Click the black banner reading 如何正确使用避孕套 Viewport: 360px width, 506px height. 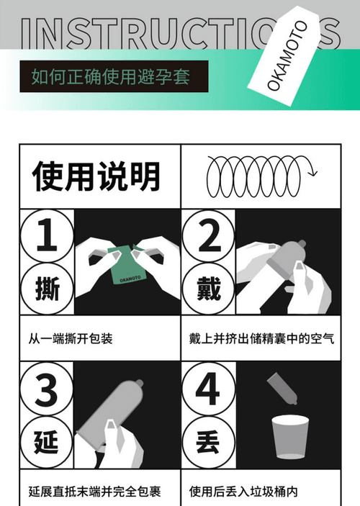click(x=114, y=76)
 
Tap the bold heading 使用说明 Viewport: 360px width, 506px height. click(x=96, y=176)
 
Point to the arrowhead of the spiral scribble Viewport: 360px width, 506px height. click(x=312, y=172)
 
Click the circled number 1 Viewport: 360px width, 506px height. click(x=47, y=235)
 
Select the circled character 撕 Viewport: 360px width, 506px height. click(x=47, y=289)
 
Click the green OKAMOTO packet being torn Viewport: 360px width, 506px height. click(x=127, y=265)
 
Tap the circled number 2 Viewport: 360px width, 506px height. click(x=209, y=235)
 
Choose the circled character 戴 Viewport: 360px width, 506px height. click(x=209, y=289)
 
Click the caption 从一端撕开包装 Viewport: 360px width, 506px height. click(x=71, y=339)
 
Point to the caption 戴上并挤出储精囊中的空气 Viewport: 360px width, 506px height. click(x=261, y=339)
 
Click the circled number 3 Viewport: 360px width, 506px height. click(x=47, y=389)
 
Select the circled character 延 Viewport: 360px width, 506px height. click(x=47, y=442)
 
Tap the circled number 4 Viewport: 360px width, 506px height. click(x=209, y=389)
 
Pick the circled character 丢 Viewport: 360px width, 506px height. click(x=209, y=442)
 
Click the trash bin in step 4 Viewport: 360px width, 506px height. click(x=290, y=437)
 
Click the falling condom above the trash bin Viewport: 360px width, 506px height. click(x=282, y=389)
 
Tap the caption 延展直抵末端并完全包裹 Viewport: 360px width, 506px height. click(x=94, y=492)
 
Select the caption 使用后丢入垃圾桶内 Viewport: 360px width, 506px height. click(x=243, y=492)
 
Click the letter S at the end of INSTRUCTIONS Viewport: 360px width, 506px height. click(x=329, y=32)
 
